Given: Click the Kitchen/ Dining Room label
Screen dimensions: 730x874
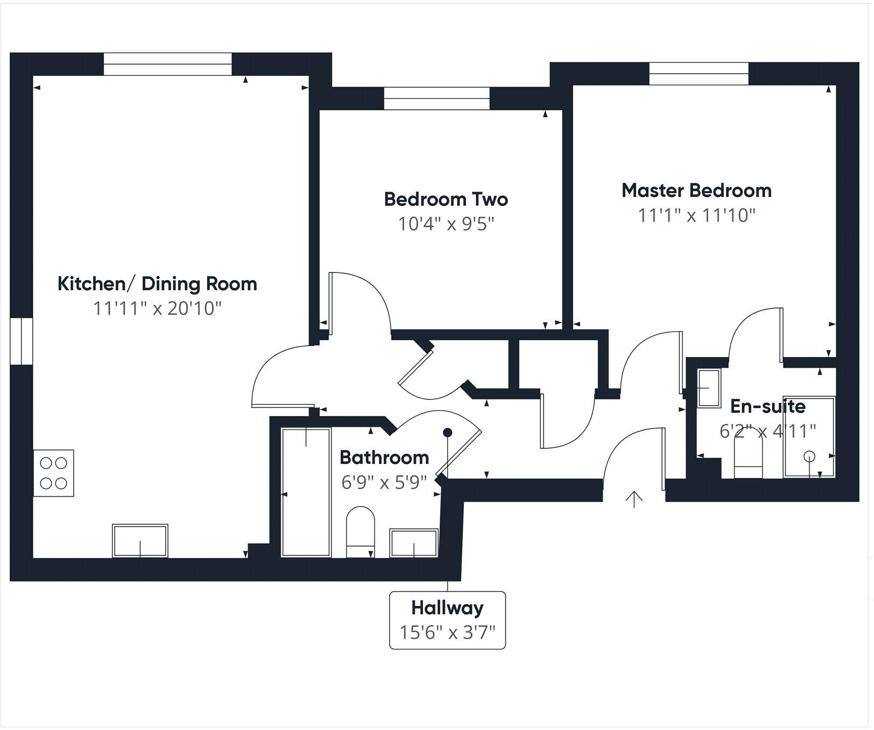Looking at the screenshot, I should (157, 284).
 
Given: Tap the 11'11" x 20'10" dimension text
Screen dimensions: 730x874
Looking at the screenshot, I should (157, 309).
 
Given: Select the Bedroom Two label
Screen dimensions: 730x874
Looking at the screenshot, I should (446, 199).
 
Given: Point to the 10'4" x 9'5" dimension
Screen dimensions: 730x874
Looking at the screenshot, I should (446, 224).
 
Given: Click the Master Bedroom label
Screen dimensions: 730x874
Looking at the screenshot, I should (696, 190).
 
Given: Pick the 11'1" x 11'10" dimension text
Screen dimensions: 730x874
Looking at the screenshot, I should (696, 216).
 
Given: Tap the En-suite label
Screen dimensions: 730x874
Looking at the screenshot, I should (767, 406).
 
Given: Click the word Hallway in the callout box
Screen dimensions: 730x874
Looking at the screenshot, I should (447, 608).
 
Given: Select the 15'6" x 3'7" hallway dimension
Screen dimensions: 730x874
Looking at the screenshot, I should (447, 632).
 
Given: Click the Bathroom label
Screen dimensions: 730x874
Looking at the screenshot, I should (384, 457).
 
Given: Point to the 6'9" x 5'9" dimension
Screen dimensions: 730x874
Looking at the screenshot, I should (384, 482).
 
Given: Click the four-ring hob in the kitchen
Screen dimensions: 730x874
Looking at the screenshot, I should (53, 473).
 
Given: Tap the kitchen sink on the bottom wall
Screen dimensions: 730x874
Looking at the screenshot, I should (140, 541).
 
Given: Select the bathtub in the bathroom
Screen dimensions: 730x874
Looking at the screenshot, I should (306, 492).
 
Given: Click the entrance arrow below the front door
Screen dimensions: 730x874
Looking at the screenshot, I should (635, 499).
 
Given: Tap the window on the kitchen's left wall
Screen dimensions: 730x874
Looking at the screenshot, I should (22, 341).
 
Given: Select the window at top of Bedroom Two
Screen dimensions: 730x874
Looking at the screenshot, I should (436, 98).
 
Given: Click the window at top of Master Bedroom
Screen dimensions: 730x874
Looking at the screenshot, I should (699, 74).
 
